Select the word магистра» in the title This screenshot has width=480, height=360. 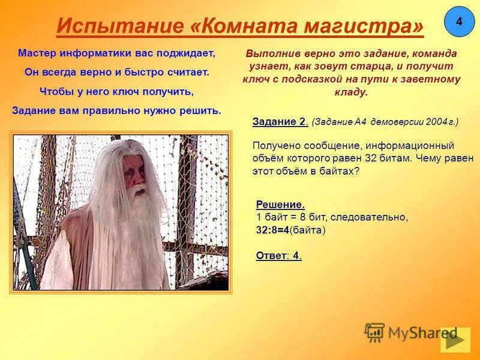pyautogui.click(x=370, y=26)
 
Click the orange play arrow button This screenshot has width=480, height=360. pyautogui.click(x=455, y=340)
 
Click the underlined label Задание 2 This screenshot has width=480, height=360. pyautogui.click(x=280, y=122)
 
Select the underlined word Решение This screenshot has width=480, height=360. pyautogui.click(x=280, y=205)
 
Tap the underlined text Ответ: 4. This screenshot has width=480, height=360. pyautogui.click(x=278, y=256)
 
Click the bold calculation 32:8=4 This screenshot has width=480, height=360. pyautogui.click(x=278, y=230)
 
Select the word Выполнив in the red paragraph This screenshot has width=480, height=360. pyautogui.click(x=271, y=53)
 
